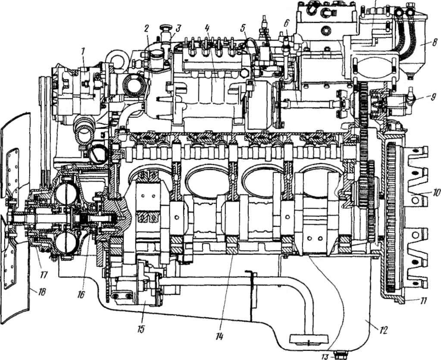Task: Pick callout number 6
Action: point(286,23)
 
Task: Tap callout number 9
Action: point(433,97)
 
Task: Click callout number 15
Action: point(141,329)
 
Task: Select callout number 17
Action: point(44,274)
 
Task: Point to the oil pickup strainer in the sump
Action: point(309,340)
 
